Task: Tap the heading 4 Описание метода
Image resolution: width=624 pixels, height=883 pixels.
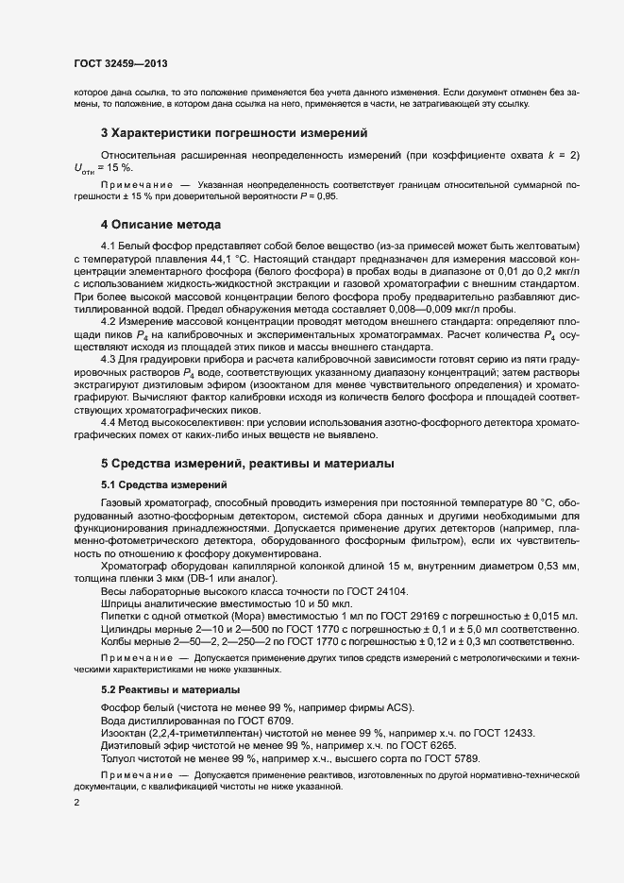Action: tap(160, 225)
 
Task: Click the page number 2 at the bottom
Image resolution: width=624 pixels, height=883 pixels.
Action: tap(76, 803)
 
